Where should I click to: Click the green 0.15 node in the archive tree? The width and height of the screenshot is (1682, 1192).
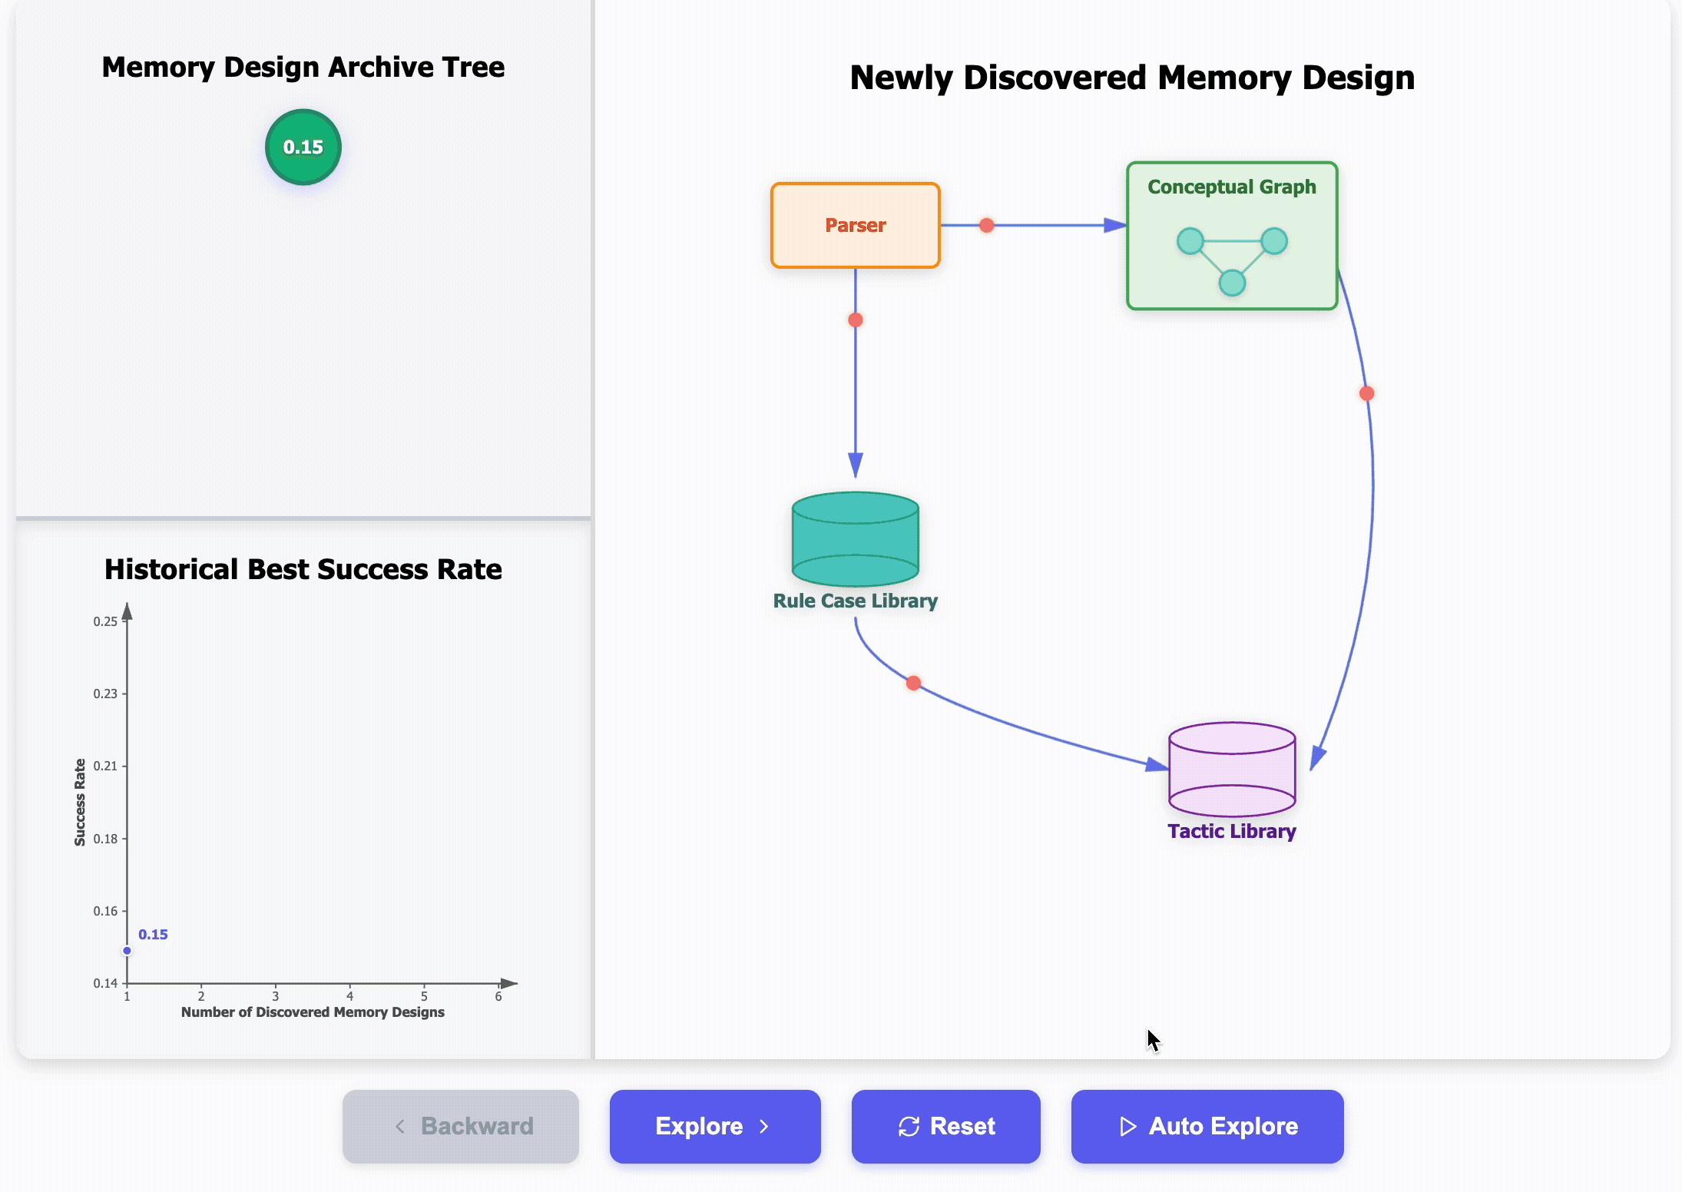303,147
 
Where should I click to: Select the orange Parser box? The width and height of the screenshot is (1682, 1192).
855,225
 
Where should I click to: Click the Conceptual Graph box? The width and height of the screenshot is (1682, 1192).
1231,235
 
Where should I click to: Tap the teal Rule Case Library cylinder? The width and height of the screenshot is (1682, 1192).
855,539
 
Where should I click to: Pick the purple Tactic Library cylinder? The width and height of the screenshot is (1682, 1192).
1231,770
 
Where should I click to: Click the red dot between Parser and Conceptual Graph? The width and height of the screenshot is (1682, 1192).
986,225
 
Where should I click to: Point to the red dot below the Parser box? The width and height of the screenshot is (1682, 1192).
855,320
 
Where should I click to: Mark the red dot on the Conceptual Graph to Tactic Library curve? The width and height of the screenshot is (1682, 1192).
1366,393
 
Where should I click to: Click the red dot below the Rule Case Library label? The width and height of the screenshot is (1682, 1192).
913,683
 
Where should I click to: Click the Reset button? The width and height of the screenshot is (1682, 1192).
945,1126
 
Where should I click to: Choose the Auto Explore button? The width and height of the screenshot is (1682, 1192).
1207,1126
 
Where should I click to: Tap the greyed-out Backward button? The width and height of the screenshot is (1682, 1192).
460,1126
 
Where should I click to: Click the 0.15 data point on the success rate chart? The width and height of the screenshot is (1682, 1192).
127,951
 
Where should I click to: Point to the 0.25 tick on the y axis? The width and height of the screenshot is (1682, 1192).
106,621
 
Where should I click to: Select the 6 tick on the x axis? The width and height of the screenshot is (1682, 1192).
498,996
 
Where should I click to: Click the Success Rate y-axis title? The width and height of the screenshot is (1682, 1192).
80,802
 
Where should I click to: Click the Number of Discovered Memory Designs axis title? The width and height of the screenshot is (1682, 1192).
313,1012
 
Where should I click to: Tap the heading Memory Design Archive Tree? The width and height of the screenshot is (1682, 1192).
303,68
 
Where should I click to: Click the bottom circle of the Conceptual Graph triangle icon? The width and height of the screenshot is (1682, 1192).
1232,283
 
